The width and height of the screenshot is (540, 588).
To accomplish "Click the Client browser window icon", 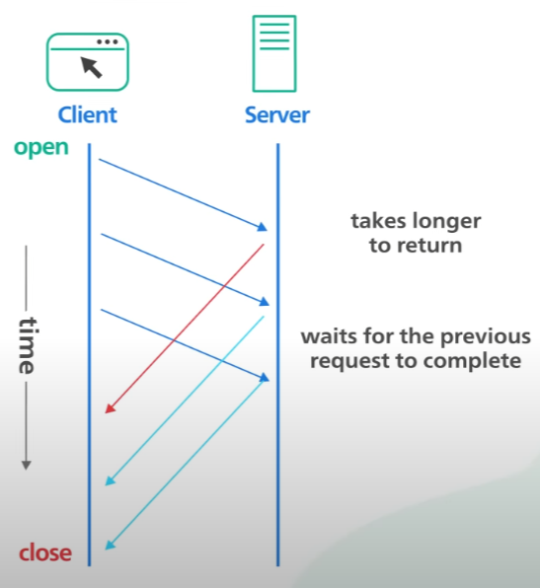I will pos(88,61).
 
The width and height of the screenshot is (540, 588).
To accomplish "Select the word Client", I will pos(87,114).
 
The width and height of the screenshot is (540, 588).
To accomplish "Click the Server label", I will pos(277,114).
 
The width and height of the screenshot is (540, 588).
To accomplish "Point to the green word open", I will pos(41,147).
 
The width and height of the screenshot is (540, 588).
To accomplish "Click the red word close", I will pos(45,552).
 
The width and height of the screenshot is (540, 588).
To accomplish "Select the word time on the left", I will pos(27,345).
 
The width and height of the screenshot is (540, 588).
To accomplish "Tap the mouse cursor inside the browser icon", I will pos(91,66).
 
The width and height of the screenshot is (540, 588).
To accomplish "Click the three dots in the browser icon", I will pos(108,41).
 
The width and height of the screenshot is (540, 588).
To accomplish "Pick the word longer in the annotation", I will pos(445,221).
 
